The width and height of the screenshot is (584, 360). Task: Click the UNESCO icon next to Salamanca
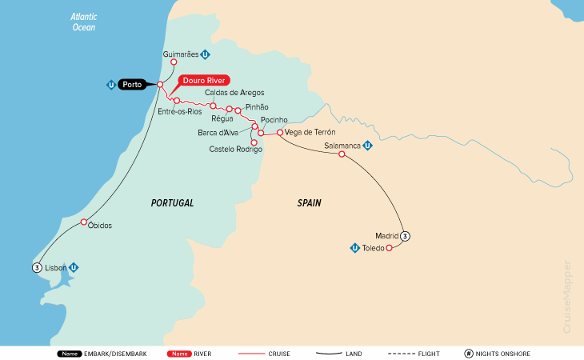(x=367, y=146)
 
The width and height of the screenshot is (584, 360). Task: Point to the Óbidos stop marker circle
(x=84, y=222)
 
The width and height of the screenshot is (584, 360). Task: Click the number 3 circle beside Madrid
(x=406, y=236)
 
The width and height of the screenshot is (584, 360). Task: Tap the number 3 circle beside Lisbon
(x=37, y=267)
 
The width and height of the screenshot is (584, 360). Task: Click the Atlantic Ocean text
(x=82, y=22)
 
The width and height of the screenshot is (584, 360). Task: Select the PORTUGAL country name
(x=172, y=203)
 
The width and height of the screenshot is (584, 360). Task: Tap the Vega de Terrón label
(x=310, y=132)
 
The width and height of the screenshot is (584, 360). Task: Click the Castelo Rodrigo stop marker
(x=254, y=143)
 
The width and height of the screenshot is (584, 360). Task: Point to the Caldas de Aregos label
(x=234, y=93)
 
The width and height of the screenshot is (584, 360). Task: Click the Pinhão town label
(x=257, y=106)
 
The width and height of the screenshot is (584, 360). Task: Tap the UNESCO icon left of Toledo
(x=354, y=248)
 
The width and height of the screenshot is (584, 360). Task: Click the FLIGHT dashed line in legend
(x=406, y=353)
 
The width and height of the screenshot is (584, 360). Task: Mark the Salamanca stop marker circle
(x=342, y=154)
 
